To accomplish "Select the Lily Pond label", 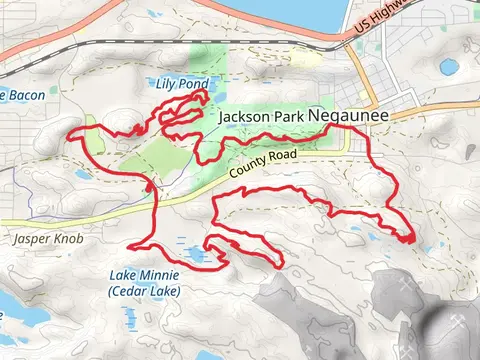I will point(180,83).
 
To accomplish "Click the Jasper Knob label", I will point(41,240).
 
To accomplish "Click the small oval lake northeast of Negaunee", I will point(449,67).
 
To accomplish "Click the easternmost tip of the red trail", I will point(413,238).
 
